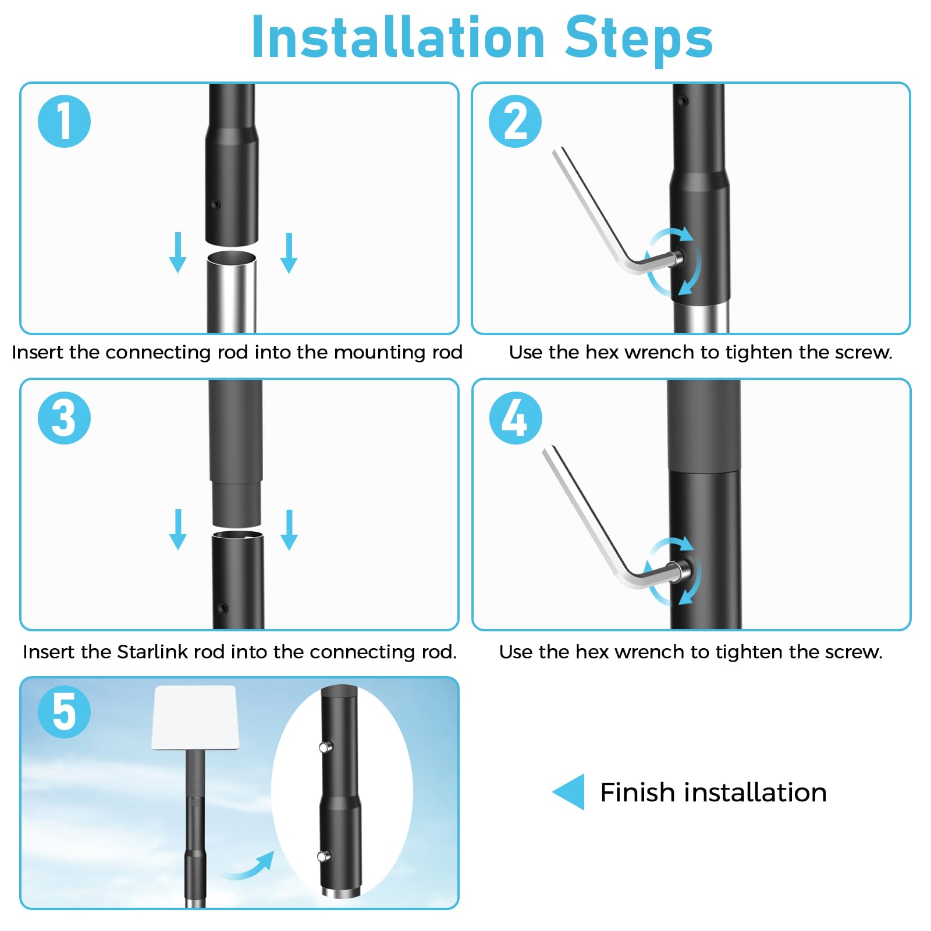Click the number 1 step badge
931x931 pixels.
pyautogui.click(x=64, y=121)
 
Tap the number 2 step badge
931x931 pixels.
pyautogui.click(x=515, y=121)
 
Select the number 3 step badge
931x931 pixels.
pyautogui.click(x=64, y=418)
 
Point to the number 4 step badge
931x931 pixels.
pyautogui.click(x=516, y=418)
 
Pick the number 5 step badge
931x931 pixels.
pyautogui.click(x=64, y=712)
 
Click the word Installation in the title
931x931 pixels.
pyautogui.click(x=398, y=37)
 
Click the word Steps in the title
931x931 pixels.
pyautogui.click(x=639, y=40)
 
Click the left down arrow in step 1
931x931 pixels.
pyautogui.click(x=177, y=253)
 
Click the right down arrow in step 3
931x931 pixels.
pyautogui.click(x=289, y=530)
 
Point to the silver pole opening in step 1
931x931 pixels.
pyautogui.click(x=232, y=258)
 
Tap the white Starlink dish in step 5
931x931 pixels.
pyautogui.click(x=196, y=717)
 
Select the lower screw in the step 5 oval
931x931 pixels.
pyautogui.click(x=324, y=855)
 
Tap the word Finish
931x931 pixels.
pyautogui.click(x=638, y=792)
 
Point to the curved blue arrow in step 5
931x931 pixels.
pyautogui.click(x=249, y=867)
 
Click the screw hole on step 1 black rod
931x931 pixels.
pyautogui.click(x=216, y=204)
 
